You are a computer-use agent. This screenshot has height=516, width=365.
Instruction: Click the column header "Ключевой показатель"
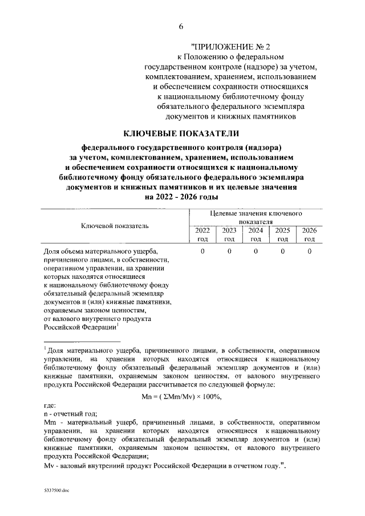[x=115, y=226]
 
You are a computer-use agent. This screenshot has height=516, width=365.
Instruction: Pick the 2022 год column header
[x=202, y=234]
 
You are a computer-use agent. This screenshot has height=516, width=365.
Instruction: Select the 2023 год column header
[x=229, y=234]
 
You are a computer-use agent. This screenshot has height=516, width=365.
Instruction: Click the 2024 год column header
[x=255, y=234]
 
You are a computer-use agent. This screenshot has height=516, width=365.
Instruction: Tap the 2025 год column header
[x=282, y=234]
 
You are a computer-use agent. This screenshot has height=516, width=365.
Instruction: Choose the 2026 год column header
[x=309, y=234]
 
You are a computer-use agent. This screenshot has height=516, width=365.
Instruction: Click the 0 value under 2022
[x=202, y=251]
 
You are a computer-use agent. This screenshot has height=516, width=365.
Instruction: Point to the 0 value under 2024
[x=256, y=251]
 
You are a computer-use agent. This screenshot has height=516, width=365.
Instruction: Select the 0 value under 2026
[x=309, y=251]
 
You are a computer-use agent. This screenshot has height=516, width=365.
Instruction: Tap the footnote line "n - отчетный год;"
[x=71, y=415]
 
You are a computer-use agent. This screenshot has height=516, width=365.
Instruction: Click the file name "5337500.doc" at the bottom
[x=56, y=490]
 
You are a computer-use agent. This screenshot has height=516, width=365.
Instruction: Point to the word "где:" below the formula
[x=50, y=406]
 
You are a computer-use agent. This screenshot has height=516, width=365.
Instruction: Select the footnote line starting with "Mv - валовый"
[x=164, y=466]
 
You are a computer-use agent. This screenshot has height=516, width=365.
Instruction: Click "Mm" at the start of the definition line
[x=49, y=423]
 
